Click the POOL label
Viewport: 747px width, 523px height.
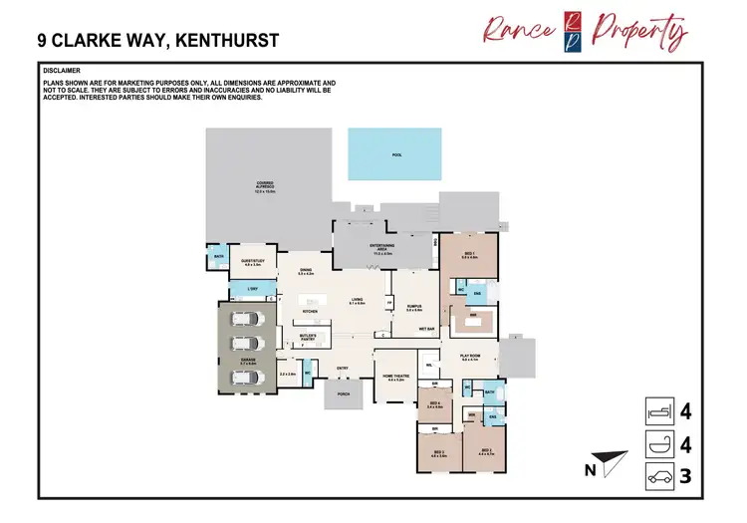(x=397, y=155)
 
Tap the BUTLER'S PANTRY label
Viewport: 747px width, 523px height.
(x=309, y=337)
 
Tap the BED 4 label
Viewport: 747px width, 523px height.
(x=434, y=405)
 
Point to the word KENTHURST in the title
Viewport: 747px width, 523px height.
(x=220, y=41)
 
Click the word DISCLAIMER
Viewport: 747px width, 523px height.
(x=63, y=72)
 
